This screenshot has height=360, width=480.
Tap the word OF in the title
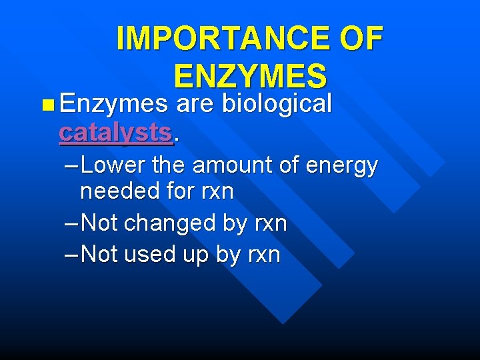click(360, 39)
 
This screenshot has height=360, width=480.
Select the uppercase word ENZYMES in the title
click(250, 76)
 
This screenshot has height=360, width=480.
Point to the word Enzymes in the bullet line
click(113, 103)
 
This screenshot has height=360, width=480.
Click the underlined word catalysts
click(115, 132)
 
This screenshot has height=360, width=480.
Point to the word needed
click(118, 192)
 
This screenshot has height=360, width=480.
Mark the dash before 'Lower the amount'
click(72, 164)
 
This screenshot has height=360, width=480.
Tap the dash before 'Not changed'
click(72, 223)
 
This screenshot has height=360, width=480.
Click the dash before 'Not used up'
click(72, 254)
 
